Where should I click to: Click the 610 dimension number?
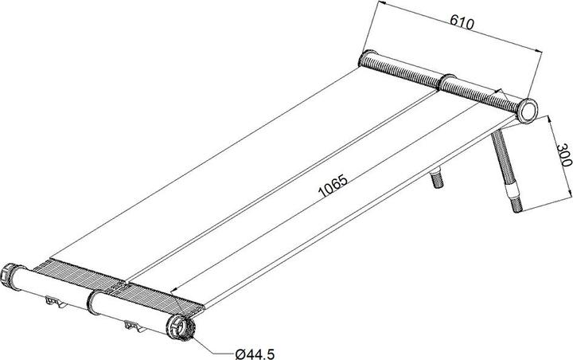coord(462,22)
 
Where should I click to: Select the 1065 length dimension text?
coord(333,186)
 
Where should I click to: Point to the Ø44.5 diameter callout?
coord(255,354)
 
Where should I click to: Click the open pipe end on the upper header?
coord(527,112)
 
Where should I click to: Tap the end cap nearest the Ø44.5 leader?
coord(180,327)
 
